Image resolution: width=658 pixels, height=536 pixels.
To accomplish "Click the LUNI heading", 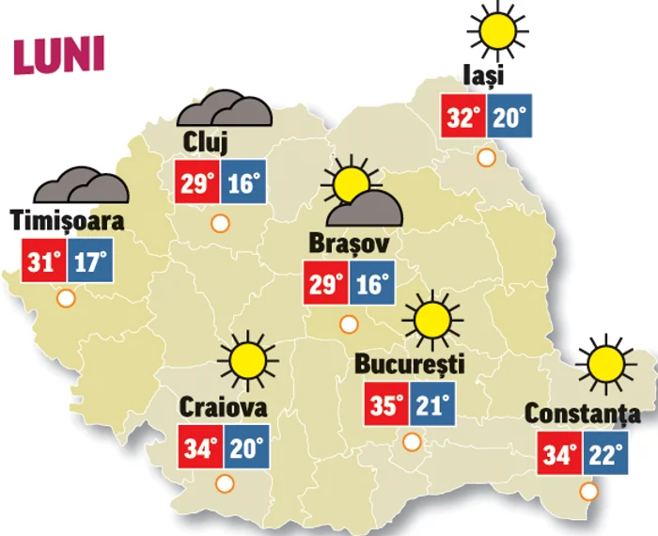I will [x=58, y=55].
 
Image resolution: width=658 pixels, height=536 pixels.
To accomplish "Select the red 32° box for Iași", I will [x=463, y=117].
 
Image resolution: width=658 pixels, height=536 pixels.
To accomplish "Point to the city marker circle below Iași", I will [x=486, y=157].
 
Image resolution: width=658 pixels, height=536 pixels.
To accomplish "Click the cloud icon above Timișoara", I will [x=83, y=184].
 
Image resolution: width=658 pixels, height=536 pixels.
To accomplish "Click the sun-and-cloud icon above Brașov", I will [x=361, y=195].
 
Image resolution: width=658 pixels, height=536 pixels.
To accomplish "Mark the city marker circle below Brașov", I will [x=349, y=324].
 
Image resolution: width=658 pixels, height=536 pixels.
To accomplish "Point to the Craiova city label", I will [x=223, y=408].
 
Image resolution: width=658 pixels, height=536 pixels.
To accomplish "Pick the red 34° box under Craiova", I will [x=199, y=449].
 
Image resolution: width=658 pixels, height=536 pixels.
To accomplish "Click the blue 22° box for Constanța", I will [x=604, y=456].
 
